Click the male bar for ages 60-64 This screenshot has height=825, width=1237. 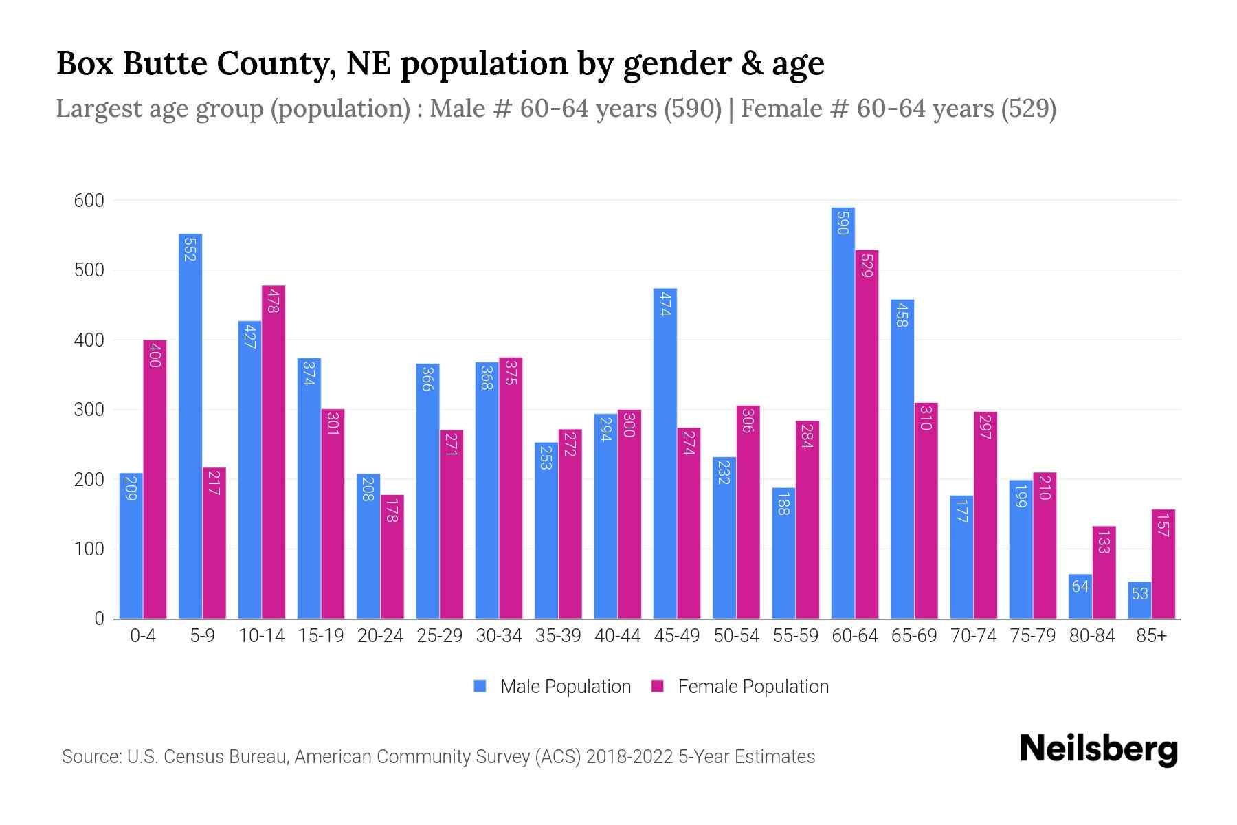pyautogui.click(x=843, y=412)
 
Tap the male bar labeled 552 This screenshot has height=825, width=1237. pyautogui.click(x=190, y=426)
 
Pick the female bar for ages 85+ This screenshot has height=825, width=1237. pyautogui.click(x=1163, y=564)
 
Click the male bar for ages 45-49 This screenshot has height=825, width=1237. pyautogui.click(x=665, y=454)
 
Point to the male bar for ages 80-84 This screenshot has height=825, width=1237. pyautogui.click(x=1080, y=596)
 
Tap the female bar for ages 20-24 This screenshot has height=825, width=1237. pyautogui.click(x=392, y=556)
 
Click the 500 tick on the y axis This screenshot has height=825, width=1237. pyautogui.click(x=89, y=270)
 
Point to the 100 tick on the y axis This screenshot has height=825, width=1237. pyautogui.click(x=89, y=549)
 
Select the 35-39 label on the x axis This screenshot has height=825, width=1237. pyautogui.click(x=558, y=636)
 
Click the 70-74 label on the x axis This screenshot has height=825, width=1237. pyautogui.click(x=973, y=636)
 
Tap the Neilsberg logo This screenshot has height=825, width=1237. pyautogui.click(x=1098, y=749)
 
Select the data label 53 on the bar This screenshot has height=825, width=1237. pyautogui.click(x=1139, y=593)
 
